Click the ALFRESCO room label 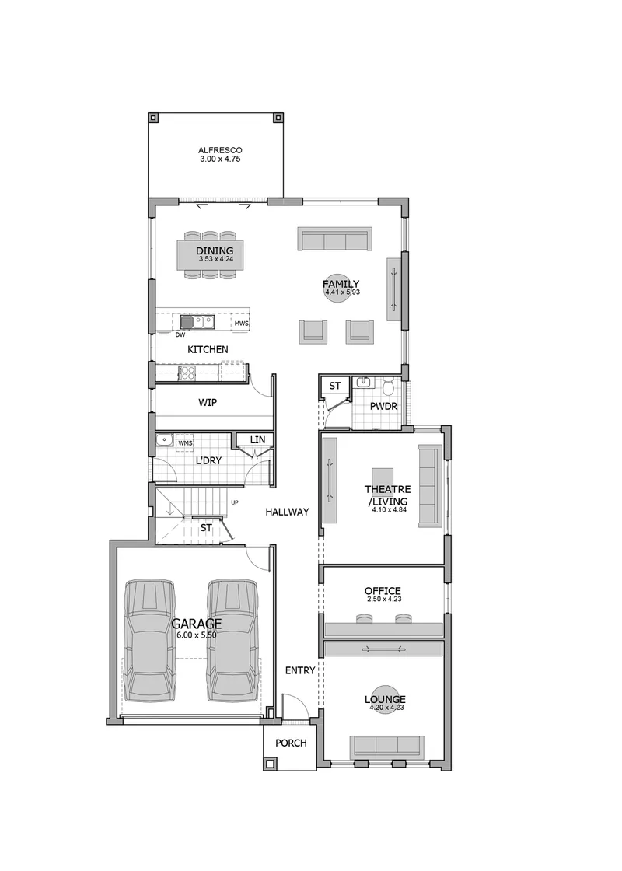[x=221, y=150]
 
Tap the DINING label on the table [x=215, y=251]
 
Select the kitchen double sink [x=197, y=322]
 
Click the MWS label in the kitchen [x=241, y=324]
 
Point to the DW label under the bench [x=180, y=335]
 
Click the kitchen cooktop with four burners [x=187, y=373]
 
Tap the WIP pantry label [x=208, y=402]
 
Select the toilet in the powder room [x=389, y=384]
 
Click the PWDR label [x=384, y=407]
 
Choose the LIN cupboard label [x=257, y=440]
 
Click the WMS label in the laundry [x=186, y=443]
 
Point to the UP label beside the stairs [x=235, y=502]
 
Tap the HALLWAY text [x=287, y=512]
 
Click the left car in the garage [x=149, y=642]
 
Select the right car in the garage [x=233, y=642]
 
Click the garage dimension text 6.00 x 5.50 [x=197, y=635]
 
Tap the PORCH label [x=291, y=743]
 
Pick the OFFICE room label [x=383, y=591]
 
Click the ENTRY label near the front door [x=300, y=671]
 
